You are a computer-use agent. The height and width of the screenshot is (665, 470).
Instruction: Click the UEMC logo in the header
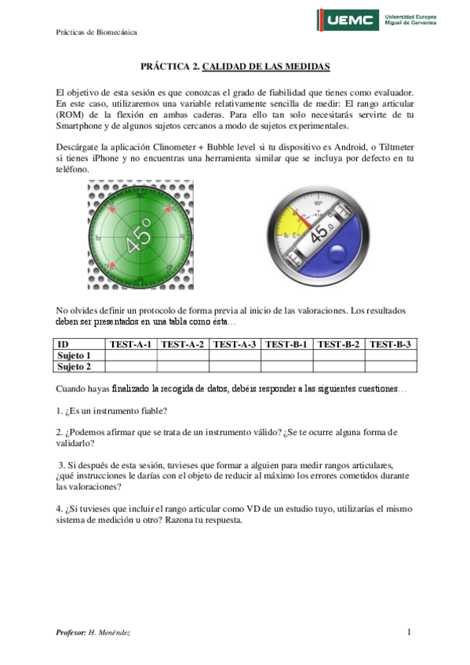pyautogui.click(x=348, y=21)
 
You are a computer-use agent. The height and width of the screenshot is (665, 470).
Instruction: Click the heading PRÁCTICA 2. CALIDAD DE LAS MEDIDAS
pyautogui.click(x=235, y=67)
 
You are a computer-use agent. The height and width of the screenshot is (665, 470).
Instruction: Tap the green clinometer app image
pyautogui.click(x=139, y=234)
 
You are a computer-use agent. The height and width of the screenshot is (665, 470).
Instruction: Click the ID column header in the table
pyautogui.click(x=64, y=344)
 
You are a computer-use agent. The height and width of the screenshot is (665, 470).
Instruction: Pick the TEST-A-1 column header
pyautogui.click(x=131, y=344)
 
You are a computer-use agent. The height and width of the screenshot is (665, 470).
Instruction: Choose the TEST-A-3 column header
pyautogui.click(x=235, y=344)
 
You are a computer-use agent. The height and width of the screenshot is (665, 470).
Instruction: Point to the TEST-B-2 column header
pyautogui.click(x=339, y=344)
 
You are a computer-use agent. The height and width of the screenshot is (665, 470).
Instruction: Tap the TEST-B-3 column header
pyautogui.click(x=390, y=344)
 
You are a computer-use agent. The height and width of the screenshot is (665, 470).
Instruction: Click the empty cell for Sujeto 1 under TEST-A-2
pyautogui.click(x=183, y=355)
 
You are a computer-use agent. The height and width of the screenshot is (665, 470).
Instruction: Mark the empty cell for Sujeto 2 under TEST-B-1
pyautogui.click(x=286, y=366)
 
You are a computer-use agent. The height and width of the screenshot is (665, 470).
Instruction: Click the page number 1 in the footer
pyautogui.click(x=410, y=632)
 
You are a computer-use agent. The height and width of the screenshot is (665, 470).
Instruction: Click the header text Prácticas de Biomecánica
pyautogui.click(x=97, y=32)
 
